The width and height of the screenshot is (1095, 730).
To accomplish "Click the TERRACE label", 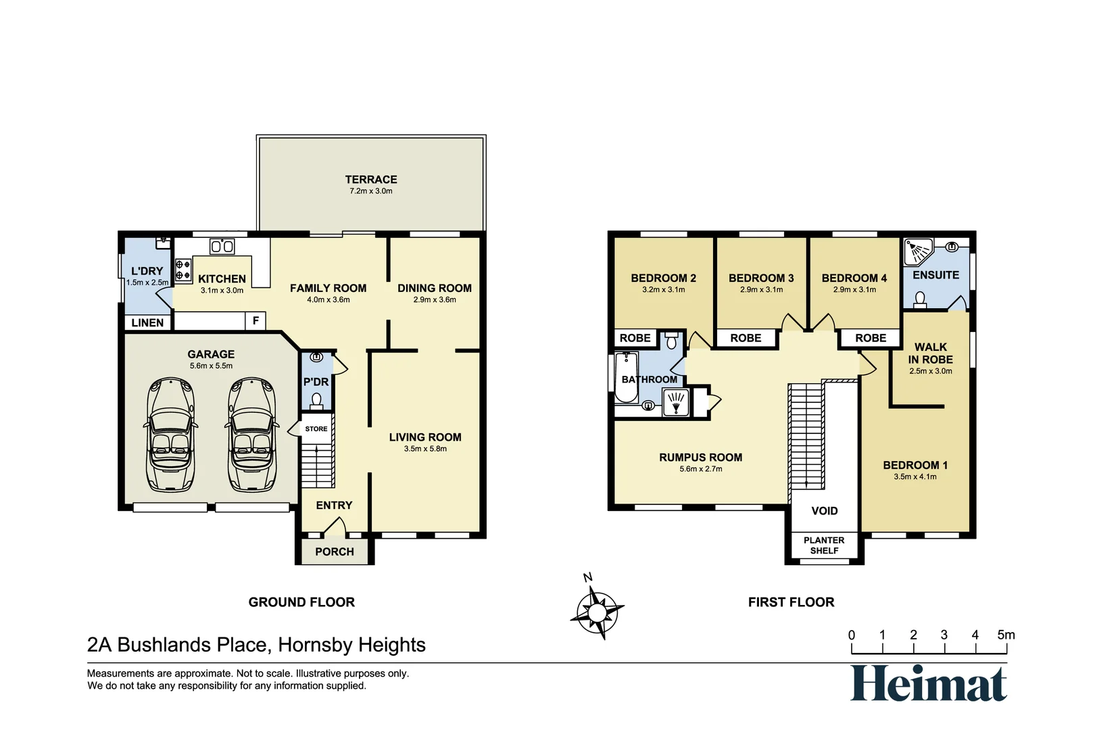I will click(x=370, y=180).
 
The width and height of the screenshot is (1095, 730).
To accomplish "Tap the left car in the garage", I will click(x=171, y=434).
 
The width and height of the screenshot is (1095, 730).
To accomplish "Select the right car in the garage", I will click(x=253, y=434).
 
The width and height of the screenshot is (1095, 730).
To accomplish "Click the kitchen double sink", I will click(x=222, y=246).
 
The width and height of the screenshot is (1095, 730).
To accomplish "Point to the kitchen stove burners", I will click(x=183, y=270).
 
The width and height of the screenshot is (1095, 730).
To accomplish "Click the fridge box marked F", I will click(x=255, y=321).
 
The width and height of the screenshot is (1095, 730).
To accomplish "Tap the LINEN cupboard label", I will click(x=147, y=323).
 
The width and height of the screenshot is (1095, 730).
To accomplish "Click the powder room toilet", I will click(x=316, y=401).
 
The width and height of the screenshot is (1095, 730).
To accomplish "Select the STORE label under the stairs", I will click(x=316, y=429).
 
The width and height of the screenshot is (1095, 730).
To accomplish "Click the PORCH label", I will click(x=334, y=552).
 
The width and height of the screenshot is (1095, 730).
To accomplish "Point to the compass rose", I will click(x=597, y=612).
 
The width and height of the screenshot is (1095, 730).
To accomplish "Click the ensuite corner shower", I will click(x=918, y=251).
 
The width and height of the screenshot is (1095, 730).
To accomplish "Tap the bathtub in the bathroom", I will click(x=625, y=377).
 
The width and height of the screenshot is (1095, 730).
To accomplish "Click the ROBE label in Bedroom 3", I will click(x=746, y=338).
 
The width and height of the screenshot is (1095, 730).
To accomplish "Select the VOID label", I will click(x=824, y=511).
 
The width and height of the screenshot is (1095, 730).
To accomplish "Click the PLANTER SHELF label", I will click(x=824, y=545).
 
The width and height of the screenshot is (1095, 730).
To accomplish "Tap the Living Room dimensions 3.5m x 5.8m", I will click(x=425, y=449).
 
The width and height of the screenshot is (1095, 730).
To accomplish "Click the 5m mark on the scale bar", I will click(x=1006, y=635).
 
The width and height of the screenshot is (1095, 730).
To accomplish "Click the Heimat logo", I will click(x=928, y=684).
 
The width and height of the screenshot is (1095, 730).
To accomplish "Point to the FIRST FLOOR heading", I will click(x=791, y=602).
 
